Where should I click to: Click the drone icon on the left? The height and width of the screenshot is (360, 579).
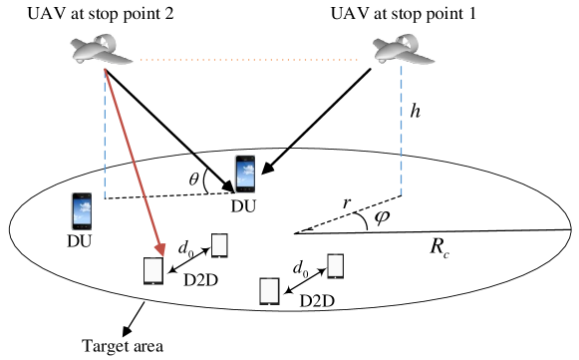[101, 53]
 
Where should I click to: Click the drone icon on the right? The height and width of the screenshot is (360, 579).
[403, 53]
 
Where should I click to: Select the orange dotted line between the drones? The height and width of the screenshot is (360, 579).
[249, 60]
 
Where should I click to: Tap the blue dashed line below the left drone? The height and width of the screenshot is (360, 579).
[105, 140]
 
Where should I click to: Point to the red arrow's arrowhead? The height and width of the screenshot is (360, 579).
[160, 249]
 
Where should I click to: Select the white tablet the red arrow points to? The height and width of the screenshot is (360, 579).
[153, 270]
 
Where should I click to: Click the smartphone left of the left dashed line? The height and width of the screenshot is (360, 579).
[82, 211]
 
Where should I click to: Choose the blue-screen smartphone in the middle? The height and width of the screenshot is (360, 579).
[245, 174]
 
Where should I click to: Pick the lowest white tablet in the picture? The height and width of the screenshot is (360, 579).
[269, 290]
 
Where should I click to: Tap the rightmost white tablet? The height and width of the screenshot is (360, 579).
[336, 265]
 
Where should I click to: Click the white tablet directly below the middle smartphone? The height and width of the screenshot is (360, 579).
[219, 245]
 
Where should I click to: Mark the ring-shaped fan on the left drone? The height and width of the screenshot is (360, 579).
[103, 42]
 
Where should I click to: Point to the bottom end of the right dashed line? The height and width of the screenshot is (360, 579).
[402, 193]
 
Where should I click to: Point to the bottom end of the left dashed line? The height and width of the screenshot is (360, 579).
[105, 197]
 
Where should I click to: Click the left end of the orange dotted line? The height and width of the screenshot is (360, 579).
[143, 60]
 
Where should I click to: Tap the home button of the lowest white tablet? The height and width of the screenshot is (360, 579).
[269, 303]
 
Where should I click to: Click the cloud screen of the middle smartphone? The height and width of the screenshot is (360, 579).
[245, 175]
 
